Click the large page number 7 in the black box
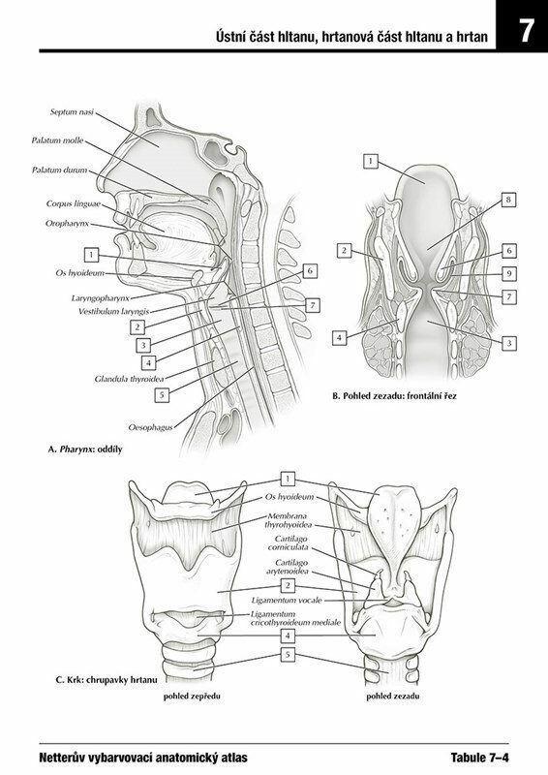(x=526, y=31)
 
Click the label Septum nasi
(x=72, y=112)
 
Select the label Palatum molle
(x=58, y=140)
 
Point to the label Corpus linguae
(x=74, y=203)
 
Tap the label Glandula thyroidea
(x=129, y=379)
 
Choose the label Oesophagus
(x=150, y=427)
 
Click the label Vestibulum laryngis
(x=113, y=311)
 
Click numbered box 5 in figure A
(x=162, y=395)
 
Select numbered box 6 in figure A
(x=310, y=270)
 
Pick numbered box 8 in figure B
(x=508, y=200)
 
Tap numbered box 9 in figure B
(x=509, y=273)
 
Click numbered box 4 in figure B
(x=339, y=338)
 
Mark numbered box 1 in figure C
(x=288, y=479)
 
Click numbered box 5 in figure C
(x=288, y=655)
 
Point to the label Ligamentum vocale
(x=287, y=600)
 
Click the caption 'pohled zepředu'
(x=192, y=697)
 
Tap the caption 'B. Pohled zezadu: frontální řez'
(x=394, y=396)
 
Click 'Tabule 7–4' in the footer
(x=479, y=758)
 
